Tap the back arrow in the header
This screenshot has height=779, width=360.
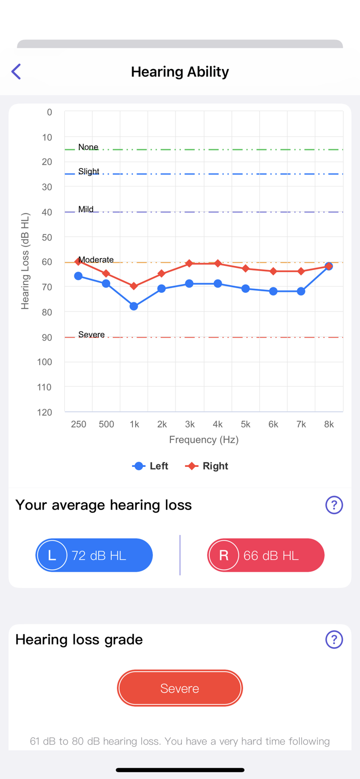(16, 72)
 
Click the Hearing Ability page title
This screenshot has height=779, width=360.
(180, 72)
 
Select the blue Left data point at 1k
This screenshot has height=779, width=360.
(134, 306)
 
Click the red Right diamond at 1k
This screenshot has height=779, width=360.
(134, 286)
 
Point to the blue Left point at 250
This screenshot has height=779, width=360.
(78, 276)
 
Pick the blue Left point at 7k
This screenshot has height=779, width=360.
(301, 291)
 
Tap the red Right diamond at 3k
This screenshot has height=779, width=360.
(190, 264)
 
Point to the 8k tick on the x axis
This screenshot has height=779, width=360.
(329, 424)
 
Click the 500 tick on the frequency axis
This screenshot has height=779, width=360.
(106, 424)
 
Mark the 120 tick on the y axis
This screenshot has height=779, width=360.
(44, 412)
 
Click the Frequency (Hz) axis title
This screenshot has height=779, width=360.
(204, 440)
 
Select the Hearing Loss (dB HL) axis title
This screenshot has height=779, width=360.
(25, 261)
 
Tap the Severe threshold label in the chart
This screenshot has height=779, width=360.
(91, 334)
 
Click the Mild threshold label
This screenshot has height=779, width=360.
(86, 209)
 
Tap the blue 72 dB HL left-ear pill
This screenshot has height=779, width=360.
(94, 555)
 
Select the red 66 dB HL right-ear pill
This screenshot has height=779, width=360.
(266, 555)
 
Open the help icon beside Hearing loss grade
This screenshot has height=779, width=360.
(334, 639)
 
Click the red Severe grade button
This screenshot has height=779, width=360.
(180, 688)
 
